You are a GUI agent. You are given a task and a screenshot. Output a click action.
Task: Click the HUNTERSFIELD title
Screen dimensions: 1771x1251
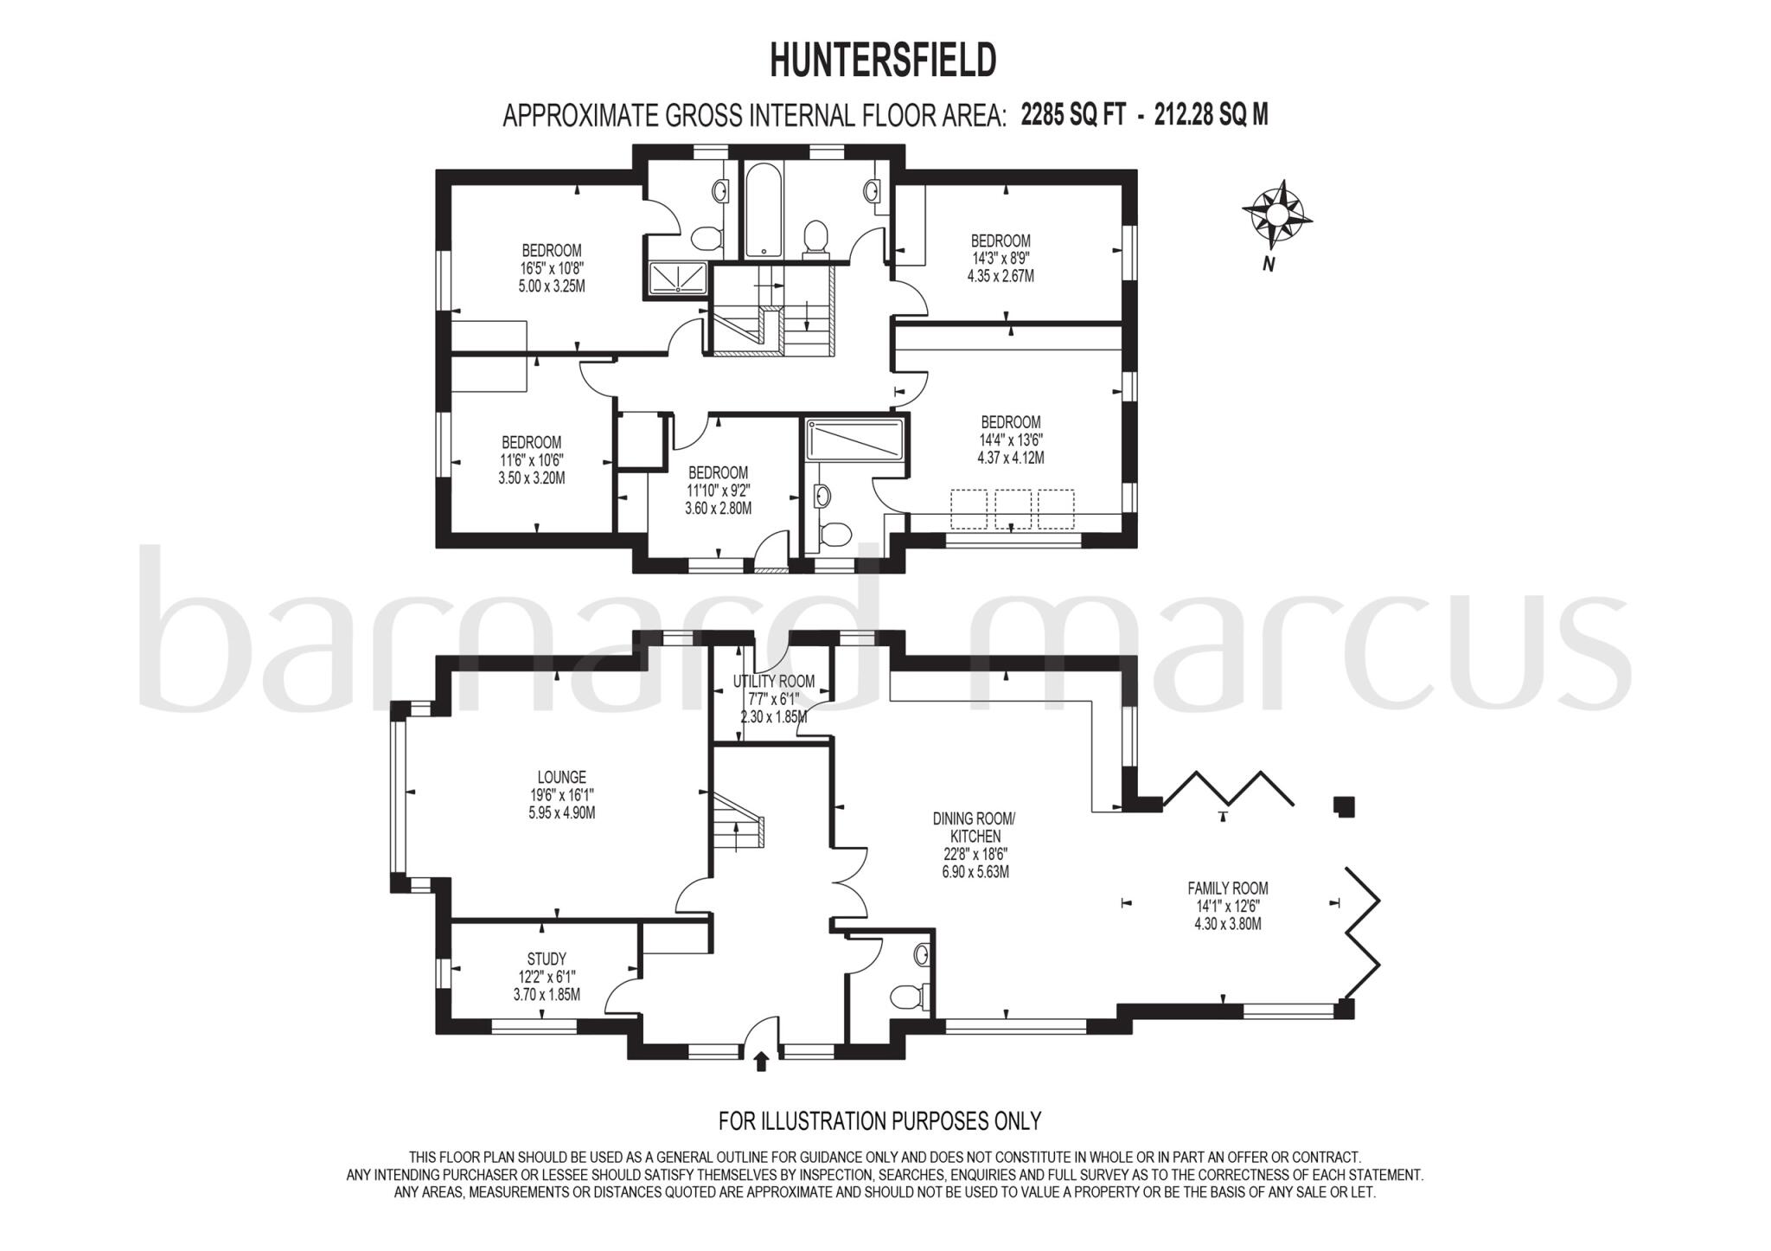coord(883,61)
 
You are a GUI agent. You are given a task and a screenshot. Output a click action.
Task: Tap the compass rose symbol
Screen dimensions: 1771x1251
coord(1277,213)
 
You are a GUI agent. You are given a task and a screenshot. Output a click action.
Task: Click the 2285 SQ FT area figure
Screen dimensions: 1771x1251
coord(1072,115)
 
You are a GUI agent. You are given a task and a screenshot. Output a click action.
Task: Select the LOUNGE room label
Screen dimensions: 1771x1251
coord(561,777)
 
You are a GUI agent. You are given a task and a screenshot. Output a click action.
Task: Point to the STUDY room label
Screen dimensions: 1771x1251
coord(547,959)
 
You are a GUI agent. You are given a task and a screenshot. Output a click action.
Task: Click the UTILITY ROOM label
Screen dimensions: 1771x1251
coord(773,682)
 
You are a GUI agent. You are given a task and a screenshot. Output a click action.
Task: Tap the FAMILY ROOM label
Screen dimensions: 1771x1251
coord(1227,888)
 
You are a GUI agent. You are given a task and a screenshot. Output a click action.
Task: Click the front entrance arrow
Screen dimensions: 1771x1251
coord(761,1061)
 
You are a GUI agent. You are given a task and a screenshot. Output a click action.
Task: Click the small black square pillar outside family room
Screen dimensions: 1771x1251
coord(1343,806)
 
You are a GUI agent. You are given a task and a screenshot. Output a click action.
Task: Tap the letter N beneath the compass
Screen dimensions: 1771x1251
coord(1269,266)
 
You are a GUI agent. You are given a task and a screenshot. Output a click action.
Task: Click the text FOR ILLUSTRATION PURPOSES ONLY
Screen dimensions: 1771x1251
coord(879,1121)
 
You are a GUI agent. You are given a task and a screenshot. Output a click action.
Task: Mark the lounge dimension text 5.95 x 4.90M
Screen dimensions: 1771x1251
coord(561,813)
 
